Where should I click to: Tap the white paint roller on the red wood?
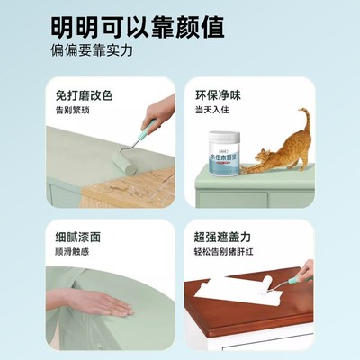point(280,289)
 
